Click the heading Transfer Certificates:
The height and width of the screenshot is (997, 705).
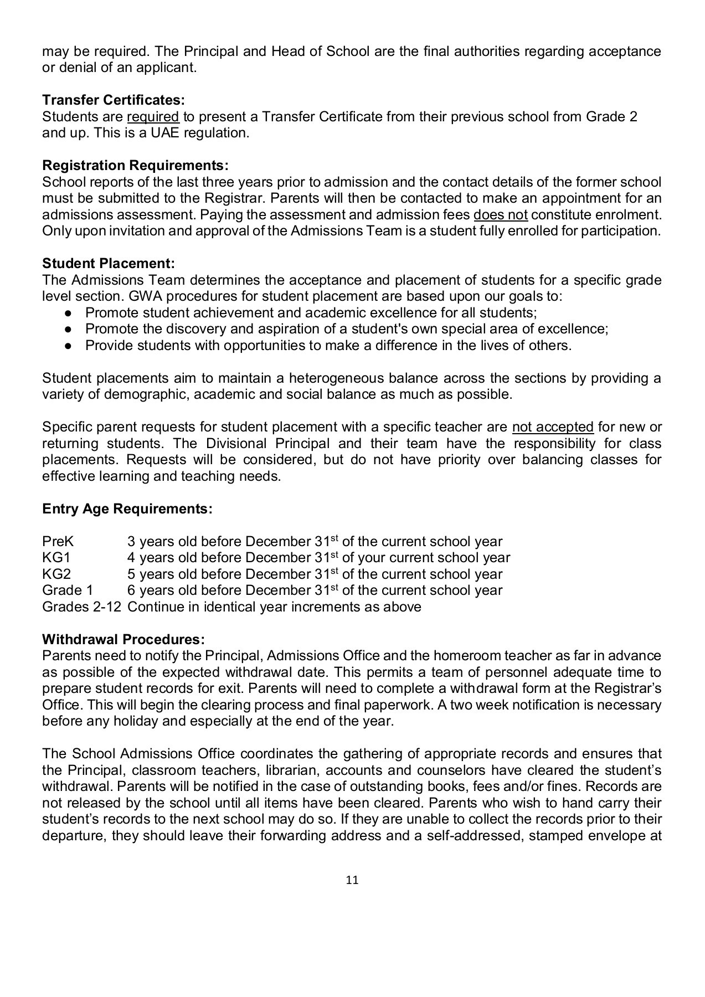(x=113, y=100)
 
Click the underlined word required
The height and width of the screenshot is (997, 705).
(x=153, y=117)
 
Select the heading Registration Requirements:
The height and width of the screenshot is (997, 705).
(x=135, y=166)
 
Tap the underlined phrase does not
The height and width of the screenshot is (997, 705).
(x=501, y=215)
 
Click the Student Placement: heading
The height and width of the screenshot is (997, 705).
(x=109, y=263)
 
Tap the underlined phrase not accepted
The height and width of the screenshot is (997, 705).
(x=553, y=427)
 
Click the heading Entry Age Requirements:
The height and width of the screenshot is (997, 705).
(x=127, y=508)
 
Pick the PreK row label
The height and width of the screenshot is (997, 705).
(x=58, y=542)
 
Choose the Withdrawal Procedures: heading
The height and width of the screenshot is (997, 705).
(x=123, y=639)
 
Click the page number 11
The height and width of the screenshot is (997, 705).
(x=352, y=880)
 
